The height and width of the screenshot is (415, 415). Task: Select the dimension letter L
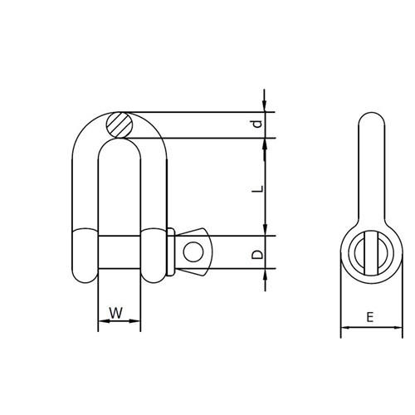(x=258, y=189)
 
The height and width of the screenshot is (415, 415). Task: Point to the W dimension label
(x=118, y=314)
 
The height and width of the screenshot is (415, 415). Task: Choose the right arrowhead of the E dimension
(x=396, y=330)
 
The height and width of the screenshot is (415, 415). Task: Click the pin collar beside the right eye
(x=169, y=251)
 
